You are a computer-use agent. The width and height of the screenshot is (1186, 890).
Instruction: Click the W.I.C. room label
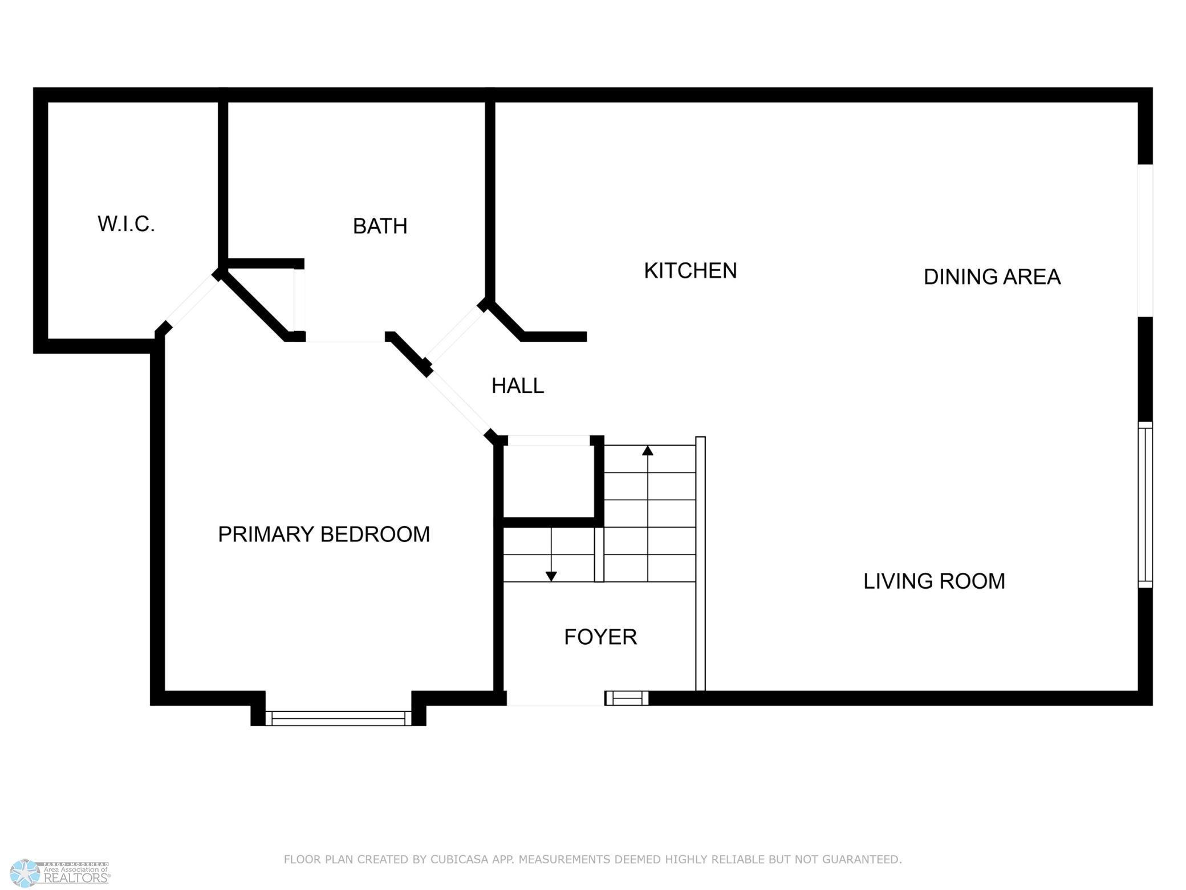126,224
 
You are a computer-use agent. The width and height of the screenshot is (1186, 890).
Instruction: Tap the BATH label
380,226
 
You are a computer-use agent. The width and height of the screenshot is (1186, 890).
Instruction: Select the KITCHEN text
690,270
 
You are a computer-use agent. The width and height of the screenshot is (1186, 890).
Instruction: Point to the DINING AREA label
992,277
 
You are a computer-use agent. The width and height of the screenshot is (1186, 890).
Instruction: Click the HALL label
517,386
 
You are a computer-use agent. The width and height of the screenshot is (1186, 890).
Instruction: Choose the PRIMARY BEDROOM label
323,535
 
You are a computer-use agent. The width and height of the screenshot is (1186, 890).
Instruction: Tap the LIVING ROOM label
934,581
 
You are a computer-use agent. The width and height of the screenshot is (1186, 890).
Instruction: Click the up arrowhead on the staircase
647,451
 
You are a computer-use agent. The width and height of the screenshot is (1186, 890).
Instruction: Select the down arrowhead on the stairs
551,576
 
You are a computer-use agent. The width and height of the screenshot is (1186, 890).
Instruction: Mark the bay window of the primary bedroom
338,718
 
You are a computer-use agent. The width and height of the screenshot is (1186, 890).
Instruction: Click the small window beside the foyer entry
627,698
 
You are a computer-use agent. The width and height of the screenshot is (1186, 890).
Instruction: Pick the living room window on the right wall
1145,505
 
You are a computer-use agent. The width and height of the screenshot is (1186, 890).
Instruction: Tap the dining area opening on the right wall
1145,240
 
